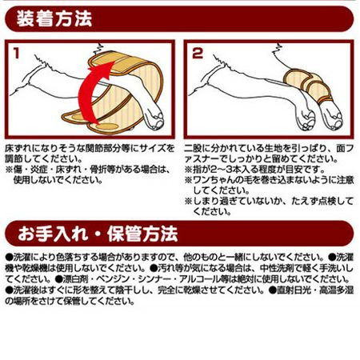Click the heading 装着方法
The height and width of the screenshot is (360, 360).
tap(54, 18)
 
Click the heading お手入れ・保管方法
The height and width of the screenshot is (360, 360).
tap(98, 234)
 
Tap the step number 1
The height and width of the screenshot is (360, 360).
tap(17, 54)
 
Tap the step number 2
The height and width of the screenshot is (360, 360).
tap(198, 54)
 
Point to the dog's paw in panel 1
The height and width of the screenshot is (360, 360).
tap(154, 118)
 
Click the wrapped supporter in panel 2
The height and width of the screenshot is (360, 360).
tap(310, 86)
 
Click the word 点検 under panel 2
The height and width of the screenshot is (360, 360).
tap(330, 201)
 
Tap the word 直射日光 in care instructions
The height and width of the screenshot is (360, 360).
tap(294, 290)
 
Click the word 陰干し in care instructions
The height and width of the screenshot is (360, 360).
tap(126, 290)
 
